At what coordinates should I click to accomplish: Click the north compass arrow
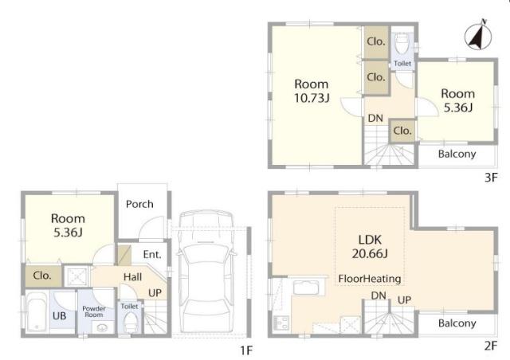[477, 37]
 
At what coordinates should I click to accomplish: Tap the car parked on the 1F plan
[206, 272]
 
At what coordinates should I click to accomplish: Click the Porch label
[139, 204]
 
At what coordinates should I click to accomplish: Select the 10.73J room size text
[312, 97]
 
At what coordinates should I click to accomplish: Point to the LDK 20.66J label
[370, 246]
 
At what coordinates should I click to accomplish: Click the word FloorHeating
[370, 279]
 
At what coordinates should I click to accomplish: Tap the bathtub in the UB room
[36, 311]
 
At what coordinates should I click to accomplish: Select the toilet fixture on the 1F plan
[131, 323]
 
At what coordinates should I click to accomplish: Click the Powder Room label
[94, 311]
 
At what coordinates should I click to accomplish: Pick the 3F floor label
[491, 178]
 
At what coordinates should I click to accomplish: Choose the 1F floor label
[246, 350]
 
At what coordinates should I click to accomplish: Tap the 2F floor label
[491, 346]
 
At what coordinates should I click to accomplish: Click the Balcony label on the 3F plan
[457, 154]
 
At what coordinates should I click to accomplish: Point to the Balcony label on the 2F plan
[457, 323]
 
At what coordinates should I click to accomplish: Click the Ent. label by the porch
[152, 254]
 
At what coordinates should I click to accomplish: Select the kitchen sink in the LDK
[306, 288]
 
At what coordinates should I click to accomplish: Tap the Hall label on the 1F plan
[133, 277]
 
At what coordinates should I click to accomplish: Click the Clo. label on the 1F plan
[42, 276]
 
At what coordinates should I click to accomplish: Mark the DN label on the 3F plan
[375, 118]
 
